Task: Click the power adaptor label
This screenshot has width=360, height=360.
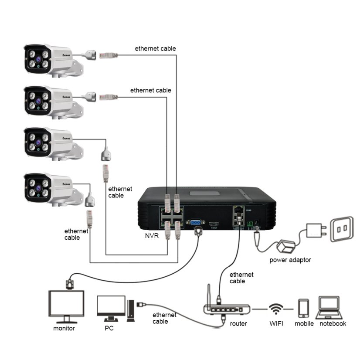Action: click(290, 260)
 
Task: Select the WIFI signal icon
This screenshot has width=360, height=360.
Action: click(275, 309)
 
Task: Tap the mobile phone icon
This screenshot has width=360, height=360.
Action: click(303, 308)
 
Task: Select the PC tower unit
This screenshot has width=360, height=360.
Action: click(130, 310)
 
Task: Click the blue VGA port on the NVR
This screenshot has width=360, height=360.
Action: click(195, 222)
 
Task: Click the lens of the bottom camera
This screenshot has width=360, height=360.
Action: click(38, 188)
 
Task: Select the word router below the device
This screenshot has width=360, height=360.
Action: click(238, 323)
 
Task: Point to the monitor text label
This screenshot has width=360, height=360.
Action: click(64, 328)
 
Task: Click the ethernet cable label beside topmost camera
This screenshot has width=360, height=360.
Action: click(155, 48)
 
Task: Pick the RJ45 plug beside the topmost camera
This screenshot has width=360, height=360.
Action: click(109, 55)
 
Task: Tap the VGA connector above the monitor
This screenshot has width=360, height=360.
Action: click(68, 283)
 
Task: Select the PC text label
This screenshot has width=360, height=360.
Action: click(109, 328)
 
